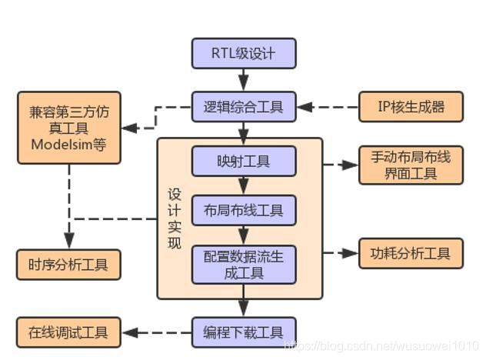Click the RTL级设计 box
tap(243, 54)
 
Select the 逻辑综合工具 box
tap(243, 106)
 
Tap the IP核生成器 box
tap(411, 106)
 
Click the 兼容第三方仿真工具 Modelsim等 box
tap(69, 128)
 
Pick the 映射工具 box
tap(243, 162)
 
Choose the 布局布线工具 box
tap(243, 209)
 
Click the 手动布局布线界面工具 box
tap(411, 165)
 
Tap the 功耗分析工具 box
tap(411, 253)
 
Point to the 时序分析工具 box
tap(69, 265)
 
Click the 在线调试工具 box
tap(69, 333)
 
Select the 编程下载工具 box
tap(243, 333)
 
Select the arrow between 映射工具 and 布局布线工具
tap(243, 185)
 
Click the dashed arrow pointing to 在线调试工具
tap(157, 333)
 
